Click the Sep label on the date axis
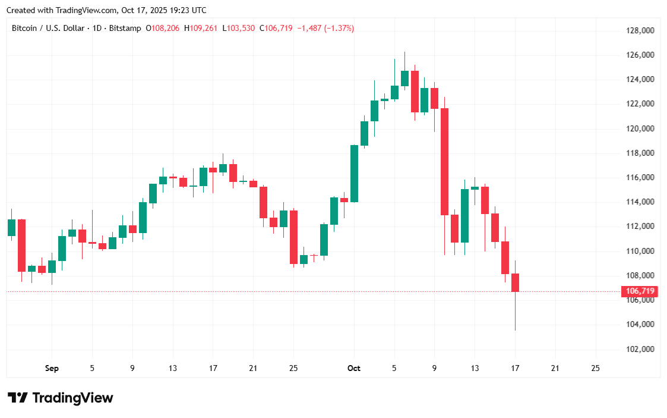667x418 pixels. pyautogui.click(x=52, y=369)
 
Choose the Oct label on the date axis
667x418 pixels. pyautogui.click(x=354, y=369)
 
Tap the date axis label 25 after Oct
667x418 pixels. pyautogui.click(x=596, y=369)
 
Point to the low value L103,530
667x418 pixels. pyautogui.click(x=239, y=28)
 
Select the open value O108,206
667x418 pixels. pyautogui.click(x=163, y=28)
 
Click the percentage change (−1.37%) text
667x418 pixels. pyautogui.click(x=339, y=28)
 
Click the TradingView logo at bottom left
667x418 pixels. pyautogui.click(x=60, y=398)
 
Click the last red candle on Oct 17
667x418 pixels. pyautogui.click(x=515, y=283)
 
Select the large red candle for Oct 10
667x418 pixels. pyautogui.click(x=444, y=161)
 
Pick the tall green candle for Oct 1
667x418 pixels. pyautogui.click(x=354, y=174)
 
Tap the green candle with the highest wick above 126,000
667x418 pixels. pyautogui.click(x=404, y=78)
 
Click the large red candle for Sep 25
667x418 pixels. pyautogui.click(x=293, y=237)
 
